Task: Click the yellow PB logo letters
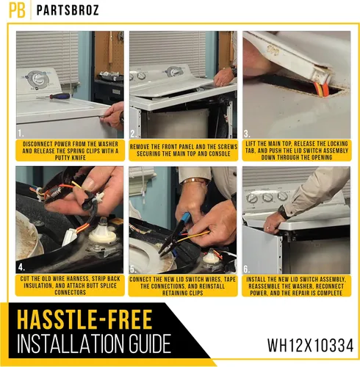pos(17,10)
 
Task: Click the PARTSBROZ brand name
pos(68,10)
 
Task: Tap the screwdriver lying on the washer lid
pos(55,96)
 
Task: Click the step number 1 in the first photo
pos(21,134)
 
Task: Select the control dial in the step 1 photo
pos(37,79)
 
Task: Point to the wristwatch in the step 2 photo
pos(234,71)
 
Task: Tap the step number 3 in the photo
pos(247,134)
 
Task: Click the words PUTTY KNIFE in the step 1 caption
pos(71,158)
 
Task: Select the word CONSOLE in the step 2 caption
pos(220,154)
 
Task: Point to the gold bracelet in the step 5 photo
pos(194,181)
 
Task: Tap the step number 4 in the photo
pos(21,268)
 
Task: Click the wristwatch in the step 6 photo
pos(284,212)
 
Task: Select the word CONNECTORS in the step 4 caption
pos(71,292)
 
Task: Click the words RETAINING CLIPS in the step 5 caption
pos(183,293)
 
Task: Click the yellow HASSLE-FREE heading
pos(85,319)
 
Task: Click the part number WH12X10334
pos(310,345)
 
